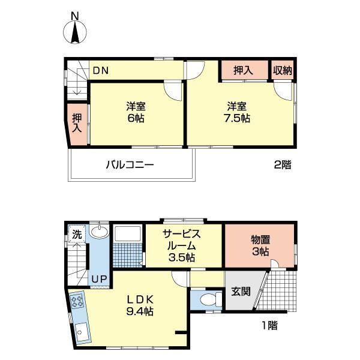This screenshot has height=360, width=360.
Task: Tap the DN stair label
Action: [x=100, y=71]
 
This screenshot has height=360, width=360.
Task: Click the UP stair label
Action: [x=98, y=279]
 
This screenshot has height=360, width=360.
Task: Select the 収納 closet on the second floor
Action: [x=283, y=70]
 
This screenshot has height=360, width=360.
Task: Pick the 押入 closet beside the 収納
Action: [x=243, y=70]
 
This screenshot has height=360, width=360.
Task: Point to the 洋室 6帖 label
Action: [x=136, y=112]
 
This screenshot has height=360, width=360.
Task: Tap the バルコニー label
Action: [x=130, y=164]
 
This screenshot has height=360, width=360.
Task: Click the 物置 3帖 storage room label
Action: [x=260, y=245]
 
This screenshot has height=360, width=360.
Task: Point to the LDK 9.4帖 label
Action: [x=140, y=305]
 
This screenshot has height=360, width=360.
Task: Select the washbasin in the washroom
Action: [x=100, y=233]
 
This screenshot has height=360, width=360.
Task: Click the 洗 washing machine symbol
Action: [x=76, y=234]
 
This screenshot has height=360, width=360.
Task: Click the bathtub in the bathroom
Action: [x=126, y=233]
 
